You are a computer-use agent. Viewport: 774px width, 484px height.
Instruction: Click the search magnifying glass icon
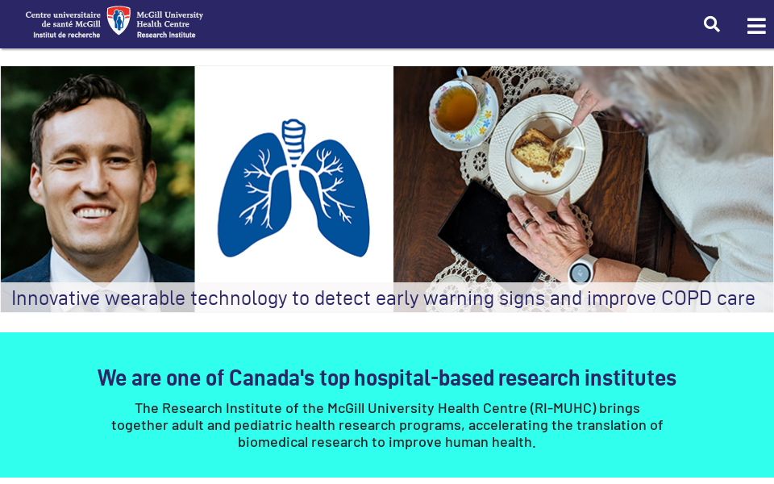pyautogui.click(x=711, y=24)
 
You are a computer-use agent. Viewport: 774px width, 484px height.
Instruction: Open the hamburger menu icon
pyautogui.click(x=756, y=26)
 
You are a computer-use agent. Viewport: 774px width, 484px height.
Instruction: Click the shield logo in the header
pyautogui.click(x=119, y=20)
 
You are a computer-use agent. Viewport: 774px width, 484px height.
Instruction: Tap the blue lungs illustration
pyautogui.click(x=293, y=194)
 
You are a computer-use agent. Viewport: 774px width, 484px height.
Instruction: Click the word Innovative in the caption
pyautogui.click(x=55, y=298)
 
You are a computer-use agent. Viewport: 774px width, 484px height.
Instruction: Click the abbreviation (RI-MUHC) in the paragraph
pyautogui.click(x=563, y=408)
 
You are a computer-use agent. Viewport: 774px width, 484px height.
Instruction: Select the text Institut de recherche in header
pyautogui.click(x=67, y=35)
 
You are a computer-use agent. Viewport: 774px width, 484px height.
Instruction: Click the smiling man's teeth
pyautogui.click(x=96, y=213)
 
